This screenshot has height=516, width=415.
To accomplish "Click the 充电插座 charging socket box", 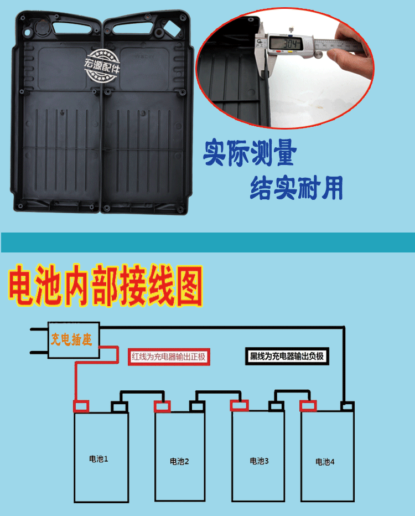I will (x=71, y=340).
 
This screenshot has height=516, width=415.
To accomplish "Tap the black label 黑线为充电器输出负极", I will (x=286, y=357).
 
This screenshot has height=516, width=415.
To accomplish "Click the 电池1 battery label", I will (x=98, y=459).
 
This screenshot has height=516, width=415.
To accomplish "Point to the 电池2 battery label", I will (x=179, y=461).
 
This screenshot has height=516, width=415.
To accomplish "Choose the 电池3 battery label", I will (x=258, y=461).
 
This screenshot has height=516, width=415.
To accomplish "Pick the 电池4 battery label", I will (x=325, y=461).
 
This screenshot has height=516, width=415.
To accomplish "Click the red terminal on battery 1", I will (x=82, y=406).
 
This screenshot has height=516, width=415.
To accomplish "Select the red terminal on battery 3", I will (x=240, y=406).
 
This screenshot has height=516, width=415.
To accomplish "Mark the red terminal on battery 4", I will (x=309, y=406).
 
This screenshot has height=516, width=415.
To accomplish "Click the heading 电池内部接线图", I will (x=105, y=287).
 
